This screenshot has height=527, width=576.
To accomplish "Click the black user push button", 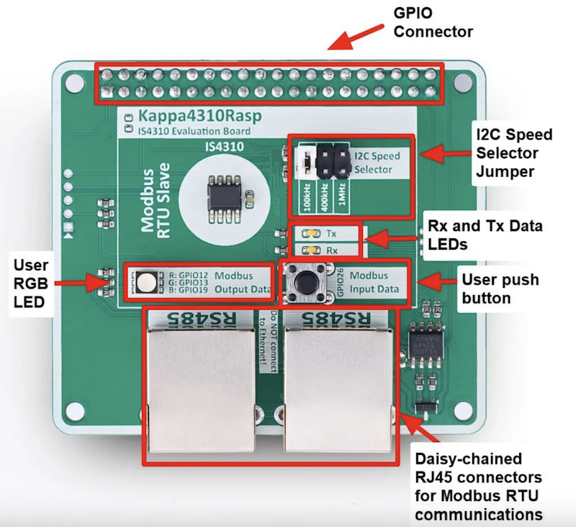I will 307,282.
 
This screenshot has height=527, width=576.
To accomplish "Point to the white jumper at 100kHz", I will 305,163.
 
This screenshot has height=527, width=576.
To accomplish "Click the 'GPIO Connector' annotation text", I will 433,22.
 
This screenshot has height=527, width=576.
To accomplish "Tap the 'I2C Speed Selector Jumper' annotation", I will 514,153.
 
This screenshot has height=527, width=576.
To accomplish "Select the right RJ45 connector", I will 338,382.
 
